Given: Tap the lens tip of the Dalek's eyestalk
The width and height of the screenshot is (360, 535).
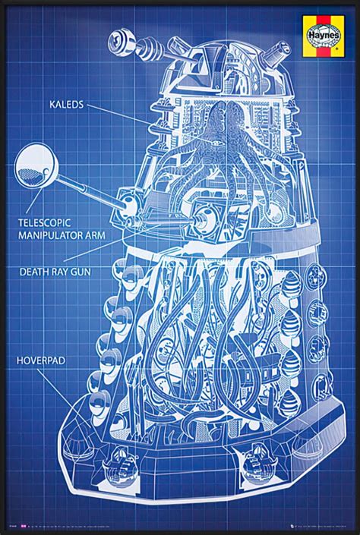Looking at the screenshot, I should [x=118, y=37].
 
